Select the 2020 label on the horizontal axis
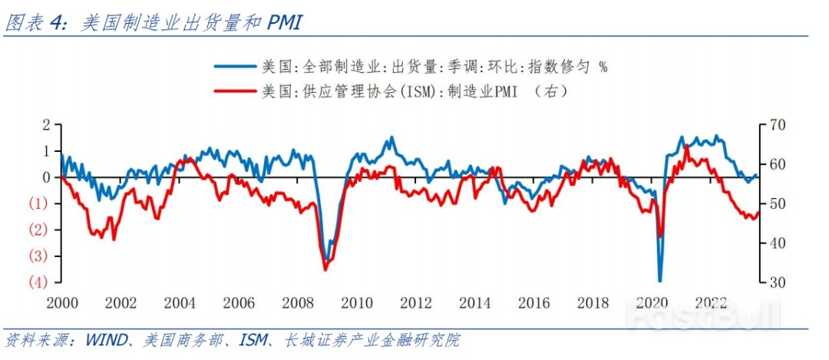pos(652,302)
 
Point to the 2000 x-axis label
pos(62,302)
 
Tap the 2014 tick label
pos(475,302)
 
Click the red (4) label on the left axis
pos(40,282)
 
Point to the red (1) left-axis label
pos(40,203)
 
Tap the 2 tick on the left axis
pos(46,125)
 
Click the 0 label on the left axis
pos(46,177)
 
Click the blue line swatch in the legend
pos(235,67)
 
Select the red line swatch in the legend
pos(235,91)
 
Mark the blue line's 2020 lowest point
pos(659,281)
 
